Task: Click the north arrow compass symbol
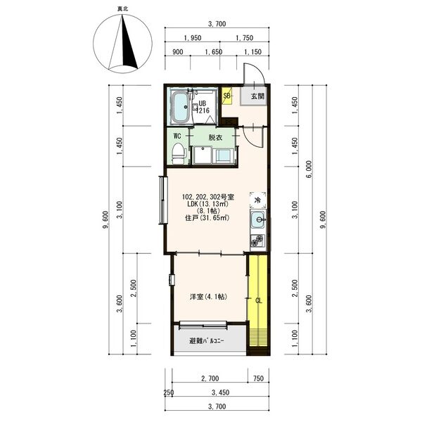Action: tap(122, 44)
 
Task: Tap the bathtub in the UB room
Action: tap(181, 107)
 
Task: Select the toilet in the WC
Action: tap(179, 153)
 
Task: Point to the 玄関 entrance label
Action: tap(257, 96)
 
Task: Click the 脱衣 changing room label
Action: tap(215, 138)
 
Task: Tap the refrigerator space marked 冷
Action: tap(258, 200)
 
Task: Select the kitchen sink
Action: tap(258, 219)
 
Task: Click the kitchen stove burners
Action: tap(257, 241)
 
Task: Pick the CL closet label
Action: tap(258, 300)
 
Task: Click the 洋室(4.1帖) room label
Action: tap(209, 297)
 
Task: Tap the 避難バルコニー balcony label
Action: tap(207, 341)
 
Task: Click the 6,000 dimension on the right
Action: tap(309, 170)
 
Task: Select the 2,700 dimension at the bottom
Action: tap(210, 378)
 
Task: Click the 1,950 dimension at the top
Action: tap(193, 38)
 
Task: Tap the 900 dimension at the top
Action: tap(178, 52)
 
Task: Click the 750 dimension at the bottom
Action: tap(258, 378)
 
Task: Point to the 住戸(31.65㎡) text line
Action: tap(207, 218)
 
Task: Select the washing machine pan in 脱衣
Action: tap(203, 155)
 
